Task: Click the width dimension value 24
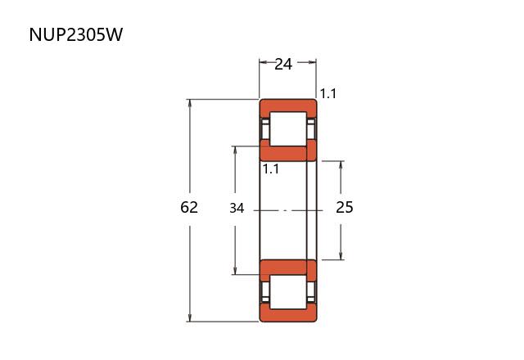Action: tap(283, 64)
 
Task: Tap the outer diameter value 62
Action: tap(189, 208)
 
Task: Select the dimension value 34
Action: tap(237, 209)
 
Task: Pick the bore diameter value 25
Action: tap(345, 208)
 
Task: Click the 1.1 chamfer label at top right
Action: tap(328, 94)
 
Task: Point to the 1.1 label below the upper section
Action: tap(271, 169)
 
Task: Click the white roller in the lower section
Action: tap(287, 291)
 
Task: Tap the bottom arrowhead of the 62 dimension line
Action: tap(190, 318)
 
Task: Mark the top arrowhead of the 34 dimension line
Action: tap(236, 150)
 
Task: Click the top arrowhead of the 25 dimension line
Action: tap(341, 164)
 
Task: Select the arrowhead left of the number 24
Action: tap(264, 62)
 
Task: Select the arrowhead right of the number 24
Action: tap(312, 62)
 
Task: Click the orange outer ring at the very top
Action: tap(287, 106)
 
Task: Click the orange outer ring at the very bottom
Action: tap(287, 315)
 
